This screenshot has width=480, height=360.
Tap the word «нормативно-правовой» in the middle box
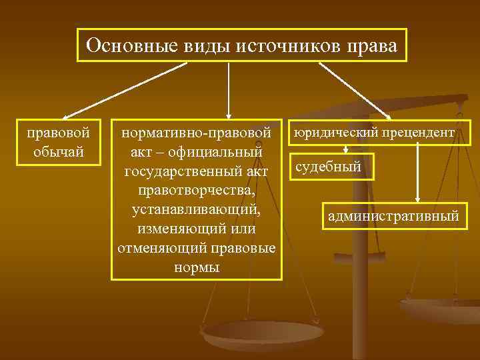196,133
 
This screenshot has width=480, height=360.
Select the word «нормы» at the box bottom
196,267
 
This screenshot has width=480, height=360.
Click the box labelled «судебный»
331,167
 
